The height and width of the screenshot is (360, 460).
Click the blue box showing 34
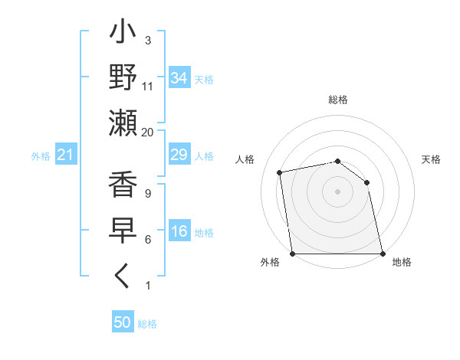tap(179, 77)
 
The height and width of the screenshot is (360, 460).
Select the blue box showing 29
tap(179, 155)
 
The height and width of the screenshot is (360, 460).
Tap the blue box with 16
tap(179, 232)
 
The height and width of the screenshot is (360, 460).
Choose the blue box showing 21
tap(66, 155)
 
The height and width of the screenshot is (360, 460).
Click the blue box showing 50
tap(123, 322)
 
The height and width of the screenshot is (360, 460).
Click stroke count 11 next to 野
tap(148, 87)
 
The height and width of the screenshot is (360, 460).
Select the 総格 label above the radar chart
tap(338, 100)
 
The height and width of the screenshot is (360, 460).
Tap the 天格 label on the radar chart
tap(431, 159)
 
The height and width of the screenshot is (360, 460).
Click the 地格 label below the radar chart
tap(402, 262)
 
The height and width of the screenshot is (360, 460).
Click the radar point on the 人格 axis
tap(280, 172)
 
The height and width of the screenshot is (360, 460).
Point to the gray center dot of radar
tap(338, 191)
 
